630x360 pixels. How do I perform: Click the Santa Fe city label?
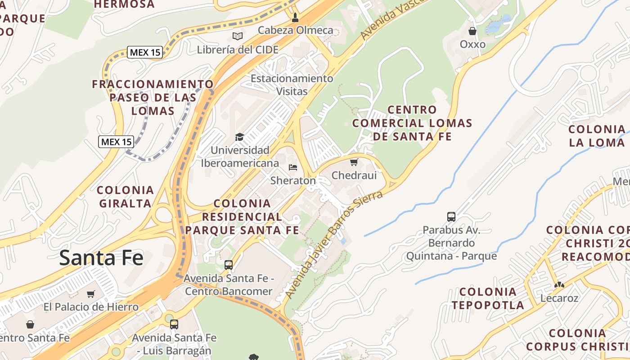pyautogui.click(x=101, y=258)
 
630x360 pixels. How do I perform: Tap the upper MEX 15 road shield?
pyautogui.click(x=144, y=52)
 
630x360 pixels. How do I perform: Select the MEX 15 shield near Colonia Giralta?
pyautogui.click(x=116, y=142)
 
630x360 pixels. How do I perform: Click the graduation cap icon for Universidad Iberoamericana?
pyautogui.click(x=240, y=137)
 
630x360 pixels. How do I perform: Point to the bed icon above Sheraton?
pyautogui.click(x=293, y=167)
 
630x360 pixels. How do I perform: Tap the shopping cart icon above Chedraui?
pyautogui.click(x=354, y=162)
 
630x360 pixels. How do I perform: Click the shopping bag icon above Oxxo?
pyautogui.click(x=472, y=31)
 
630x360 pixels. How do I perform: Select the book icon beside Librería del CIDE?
pyautogui.click(x=238, y=36)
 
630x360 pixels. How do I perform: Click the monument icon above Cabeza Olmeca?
pyautogui.click(x=295, y=18)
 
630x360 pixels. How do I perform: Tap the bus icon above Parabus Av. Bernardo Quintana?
pyautogui.click(x=451, y=216)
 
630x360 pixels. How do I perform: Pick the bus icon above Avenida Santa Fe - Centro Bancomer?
pyautogui.click(x=229, y=265)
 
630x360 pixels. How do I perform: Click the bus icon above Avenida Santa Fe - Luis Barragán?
pyautogui.click(x=174, y=324)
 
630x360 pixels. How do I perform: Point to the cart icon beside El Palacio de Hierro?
pyautogui.click(x=91, y=294)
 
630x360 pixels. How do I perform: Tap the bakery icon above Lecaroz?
pyautogui.click(x=559, y=284)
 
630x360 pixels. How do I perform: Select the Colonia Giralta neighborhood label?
pyautogui.click(x=126, y=197)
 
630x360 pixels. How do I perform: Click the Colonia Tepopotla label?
pyautogui.click(x=488, y=298)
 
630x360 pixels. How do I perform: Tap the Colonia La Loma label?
pyautogui.click(x=597, y=136)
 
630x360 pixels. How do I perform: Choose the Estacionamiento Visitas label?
pyautogui.click(x=292, y=85)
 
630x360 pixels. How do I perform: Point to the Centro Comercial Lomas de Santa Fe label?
pyautogui.click(x=412, y=123)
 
